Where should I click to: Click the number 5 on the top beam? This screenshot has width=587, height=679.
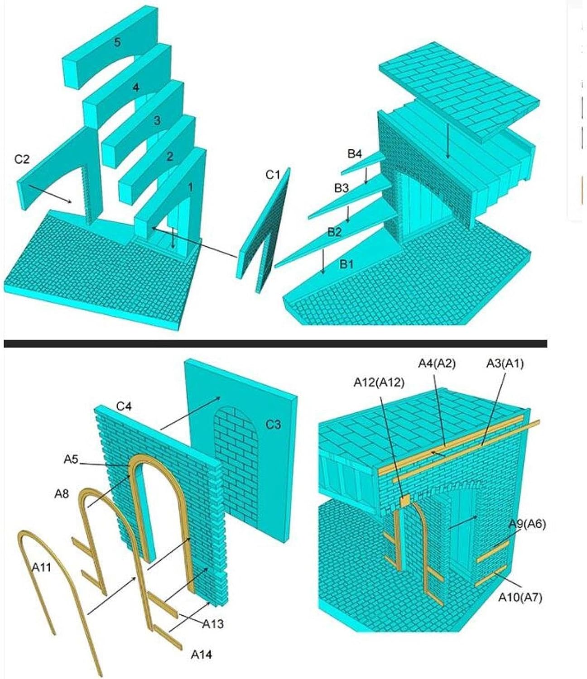[x=117, y=43]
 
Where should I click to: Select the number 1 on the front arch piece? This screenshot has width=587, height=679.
[x=191, y=186]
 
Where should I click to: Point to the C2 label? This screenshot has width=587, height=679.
[x=21, y=159]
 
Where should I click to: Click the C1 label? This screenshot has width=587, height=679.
[x=273, y=175]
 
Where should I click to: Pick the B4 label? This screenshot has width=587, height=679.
[x=355, y=154]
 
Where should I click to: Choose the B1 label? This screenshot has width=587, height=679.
[x=346, y=263]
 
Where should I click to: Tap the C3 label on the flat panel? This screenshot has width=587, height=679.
[x=274, y=424]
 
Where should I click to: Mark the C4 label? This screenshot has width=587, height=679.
[x=124, y=406]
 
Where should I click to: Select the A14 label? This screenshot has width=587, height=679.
[x=201, y=654]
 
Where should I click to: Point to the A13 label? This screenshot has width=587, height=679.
[x=213, y=624]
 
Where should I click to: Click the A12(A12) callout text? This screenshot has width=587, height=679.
[x=379, y=383]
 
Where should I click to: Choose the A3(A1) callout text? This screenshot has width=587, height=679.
[x=505, y=363]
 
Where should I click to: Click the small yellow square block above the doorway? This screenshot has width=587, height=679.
[x=404, y=500]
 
